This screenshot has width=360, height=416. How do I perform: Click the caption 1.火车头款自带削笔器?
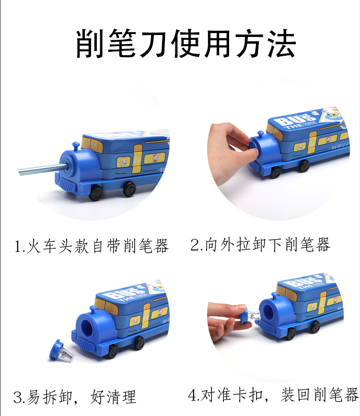coord(91,246)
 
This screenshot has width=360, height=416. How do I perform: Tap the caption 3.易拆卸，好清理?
coord(74,397)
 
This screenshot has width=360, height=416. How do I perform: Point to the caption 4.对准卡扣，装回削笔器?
coord(273,395)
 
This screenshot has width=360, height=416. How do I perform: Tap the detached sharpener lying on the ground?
coord(61,350)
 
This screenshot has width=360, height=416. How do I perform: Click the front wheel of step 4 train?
coord(289,334)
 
